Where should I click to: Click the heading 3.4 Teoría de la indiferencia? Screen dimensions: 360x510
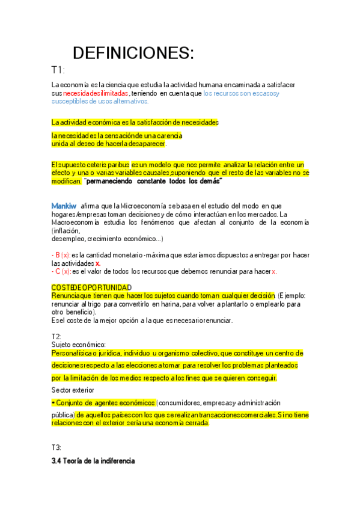tap(93, 461)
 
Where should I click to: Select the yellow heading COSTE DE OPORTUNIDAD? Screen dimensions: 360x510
tap(91, 287)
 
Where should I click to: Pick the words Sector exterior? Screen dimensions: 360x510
tap(74, 390)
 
